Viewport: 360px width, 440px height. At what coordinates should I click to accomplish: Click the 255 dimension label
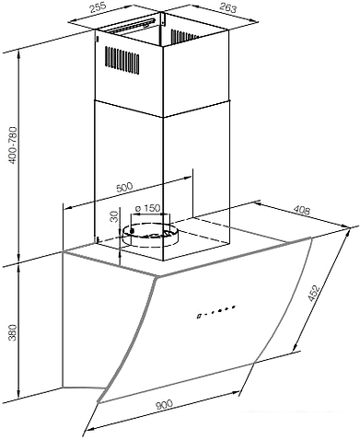(98, 6)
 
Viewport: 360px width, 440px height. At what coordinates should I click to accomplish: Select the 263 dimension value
(228, 7)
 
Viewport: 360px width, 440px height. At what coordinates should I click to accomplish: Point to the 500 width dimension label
(124, 188)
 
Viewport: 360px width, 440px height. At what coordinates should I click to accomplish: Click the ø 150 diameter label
(147, 208)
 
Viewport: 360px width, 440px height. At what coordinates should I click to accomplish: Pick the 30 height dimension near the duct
(114, 216)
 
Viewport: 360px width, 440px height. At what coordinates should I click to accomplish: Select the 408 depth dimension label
(302, 210)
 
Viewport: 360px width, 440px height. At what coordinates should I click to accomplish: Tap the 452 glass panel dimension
(313, 294)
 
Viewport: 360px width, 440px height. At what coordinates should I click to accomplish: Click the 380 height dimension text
(13, 332)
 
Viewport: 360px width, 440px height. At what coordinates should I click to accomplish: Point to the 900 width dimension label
(164, 405)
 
